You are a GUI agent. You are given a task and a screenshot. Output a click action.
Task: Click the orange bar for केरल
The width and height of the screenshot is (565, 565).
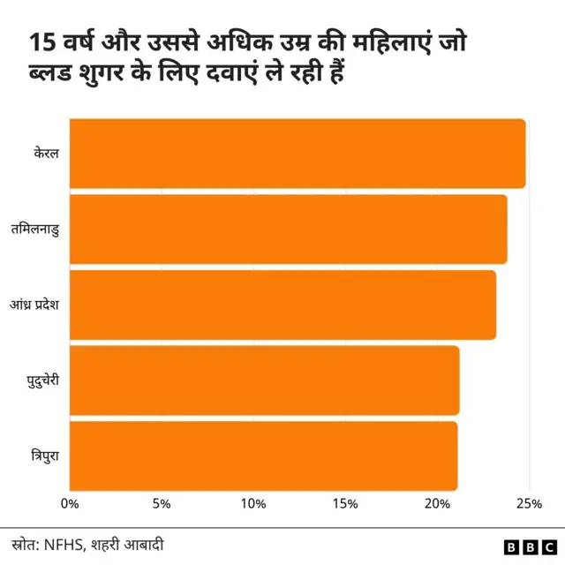click(297, 153)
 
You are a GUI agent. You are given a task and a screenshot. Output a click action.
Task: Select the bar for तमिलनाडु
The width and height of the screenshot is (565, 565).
click(288, 229)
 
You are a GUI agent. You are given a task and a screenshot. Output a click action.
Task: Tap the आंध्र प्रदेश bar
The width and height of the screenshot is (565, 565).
click(282, 305)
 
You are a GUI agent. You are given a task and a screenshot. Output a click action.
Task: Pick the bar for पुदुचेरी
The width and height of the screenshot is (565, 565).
click(264, 380)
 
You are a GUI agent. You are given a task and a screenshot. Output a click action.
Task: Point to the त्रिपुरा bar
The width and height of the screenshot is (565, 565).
click(263, 456)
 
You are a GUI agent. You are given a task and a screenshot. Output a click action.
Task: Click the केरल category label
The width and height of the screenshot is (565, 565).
click(42, 154)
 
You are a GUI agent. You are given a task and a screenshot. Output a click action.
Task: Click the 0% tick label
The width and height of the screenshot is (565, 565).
click(69, 504)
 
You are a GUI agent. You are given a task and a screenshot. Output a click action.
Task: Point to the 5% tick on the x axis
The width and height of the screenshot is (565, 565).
click(161, 504)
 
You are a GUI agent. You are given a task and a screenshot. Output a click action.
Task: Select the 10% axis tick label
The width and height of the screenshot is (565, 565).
click(253, 504)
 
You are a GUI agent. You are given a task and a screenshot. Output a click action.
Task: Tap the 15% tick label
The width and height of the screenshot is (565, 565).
click(345, 504)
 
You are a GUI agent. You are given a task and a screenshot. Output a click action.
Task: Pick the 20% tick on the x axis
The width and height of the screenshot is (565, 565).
click(437, 504)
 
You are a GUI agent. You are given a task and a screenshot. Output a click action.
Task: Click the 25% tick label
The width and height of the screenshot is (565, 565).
click(529, 504)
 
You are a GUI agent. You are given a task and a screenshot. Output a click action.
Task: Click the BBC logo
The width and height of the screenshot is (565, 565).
click(529, 546)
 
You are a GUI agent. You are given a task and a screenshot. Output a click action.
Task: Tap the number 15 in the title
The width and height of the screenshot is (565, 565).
click(39, 43)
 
